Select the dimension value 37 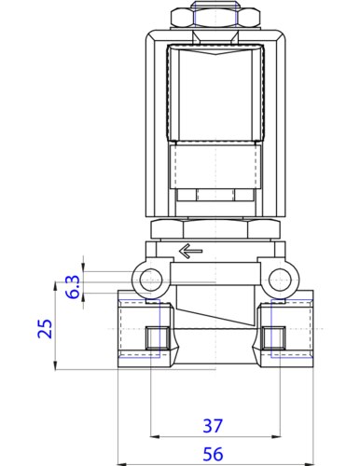tap(213, 426)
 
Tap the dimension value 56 tap(214, 454)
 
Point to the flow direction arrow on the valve tap(191, 251)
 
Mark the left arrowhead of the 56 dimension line tap(119, 463)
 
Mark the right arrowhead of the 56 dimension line tap(309, 463)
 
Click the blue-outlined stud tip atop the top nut tap(214, 6)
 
